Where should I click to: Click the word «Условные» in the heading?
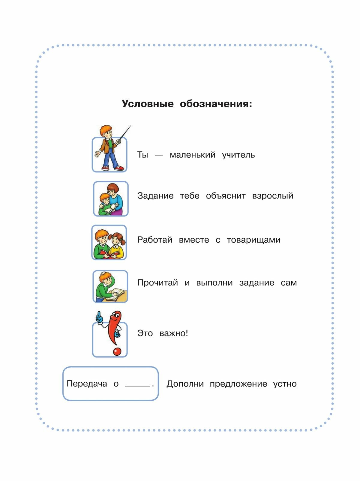(x=148, y=104)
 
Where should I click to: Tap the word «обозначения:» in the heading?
(x=216, y=104)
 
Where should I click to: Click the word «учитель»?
(x=238, y=155)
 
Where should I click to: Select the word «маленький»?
(x=193, y=155)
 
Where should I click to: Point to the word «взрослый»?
(x=273, y=196)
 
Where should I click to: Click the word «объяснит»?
(x=226, y=196)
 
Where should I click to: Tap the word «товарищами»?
(x=253, y=240)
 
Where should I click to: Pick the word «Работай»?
(x=155, y=240)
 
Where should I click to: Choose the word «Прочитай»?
(x=157, y=283)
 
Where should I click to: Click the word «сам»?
(x=289, y=283)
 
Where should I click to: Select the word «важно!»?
(x=174, y=333)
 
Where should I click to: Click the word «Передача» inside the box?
(x=87, y=384)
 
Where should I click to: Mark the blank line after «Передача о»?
(x=137, y=386)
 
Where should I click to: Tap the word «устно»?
(x=285, y=384)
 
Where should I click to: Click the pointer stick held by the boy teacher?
(x=125, y=133)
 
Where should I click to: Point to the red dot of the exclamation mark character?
(x=117, y=351)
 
